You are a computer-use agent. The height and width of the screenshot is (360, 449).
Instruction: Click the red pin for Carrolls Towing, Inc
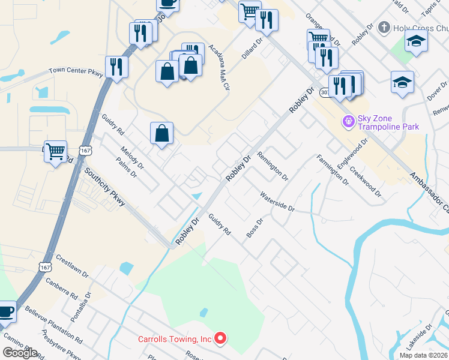[220, 339]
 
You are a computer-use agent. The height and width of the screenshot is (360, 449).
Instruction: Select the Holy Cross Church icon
[384, 28]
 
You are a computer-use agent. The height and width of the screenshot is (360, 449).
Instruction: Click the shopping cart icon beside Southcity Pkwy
[55, 152]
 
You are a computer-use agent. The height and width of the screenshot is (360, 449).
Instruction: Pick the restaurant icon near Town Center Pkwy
[116, 67]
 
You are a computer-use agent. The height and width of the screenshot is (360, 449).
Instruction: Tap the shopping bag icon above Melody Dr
[162, 133]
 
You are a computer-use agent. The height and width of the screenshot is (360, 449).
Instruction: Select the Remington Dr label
[273, 166]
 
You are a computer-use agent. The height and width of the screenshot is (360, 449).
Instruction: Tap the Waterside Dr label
[277, 202]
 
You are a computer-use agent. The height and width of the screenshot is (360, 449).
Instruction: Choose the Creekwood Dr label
[364, 181]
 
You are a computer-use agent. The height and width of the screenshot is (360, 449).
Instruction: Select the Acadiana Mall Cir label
[220, 67]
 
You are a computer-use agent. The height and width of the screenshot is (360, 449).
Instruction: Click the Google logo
[20, 353]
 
